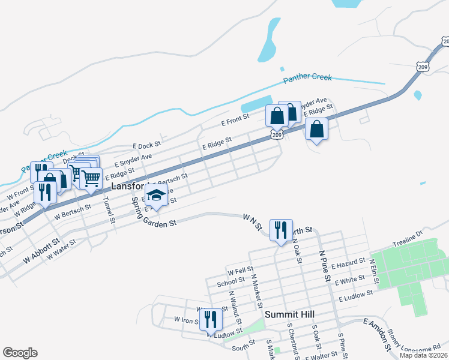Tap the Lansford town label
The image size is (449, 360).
tap(127, 187)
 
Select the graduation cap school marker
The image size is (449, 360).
tap(157, 196)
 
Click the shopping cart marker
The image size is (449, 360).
tap(91, 178)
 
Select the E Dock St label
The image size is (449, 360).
tap(147, 145)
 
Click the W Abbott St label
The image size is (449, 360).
tap(44, 251)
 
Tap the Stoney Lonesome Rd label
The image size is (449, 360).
tap(417, 341)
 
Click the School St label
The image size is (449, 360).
tap(231, 280)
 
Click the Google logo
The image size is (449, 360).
tap(20, 353)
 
